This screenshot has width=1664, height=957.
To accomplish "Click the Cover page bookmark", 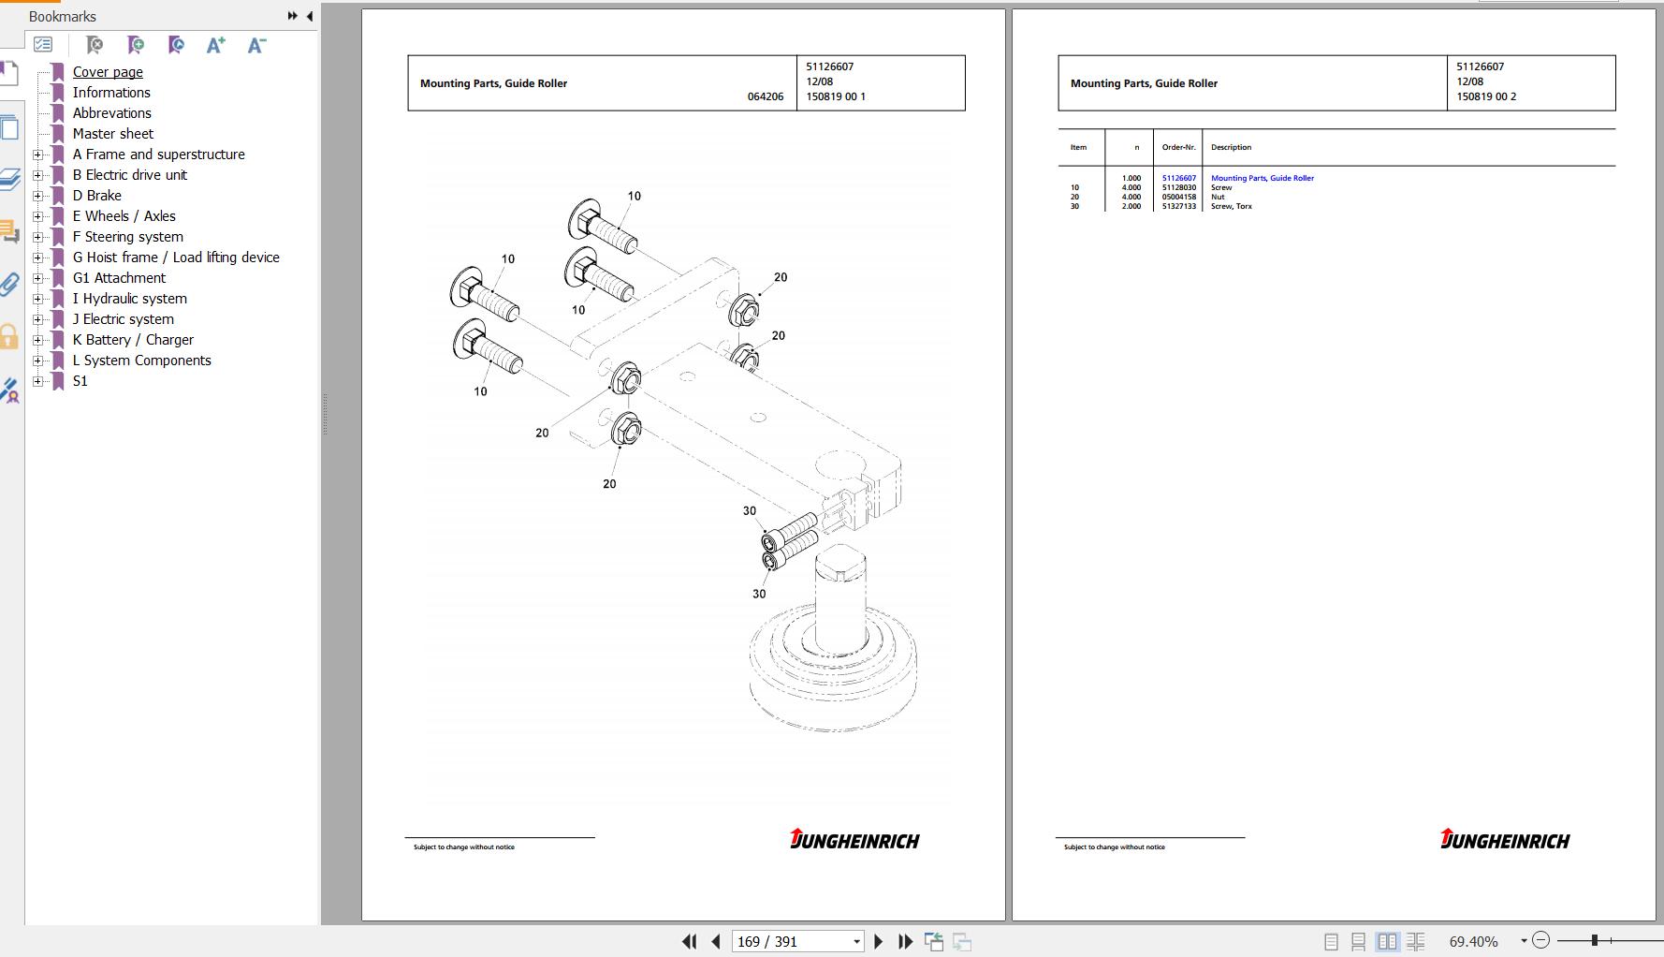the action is tap(108, 72).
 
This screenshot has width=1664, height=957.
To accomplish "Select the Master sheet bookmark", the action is tap(112, 134).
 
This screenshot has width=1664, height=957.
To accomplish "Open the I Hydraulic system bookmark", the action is tap(129, 299).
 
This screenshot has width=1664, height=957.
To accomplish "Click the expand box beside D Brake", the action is tap(38, 196).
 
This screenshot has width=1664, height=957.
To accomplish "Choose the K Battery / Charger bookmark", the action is tap(133, 340).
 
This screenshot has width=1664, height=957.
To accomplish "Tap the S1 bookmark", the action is tap(80, 381).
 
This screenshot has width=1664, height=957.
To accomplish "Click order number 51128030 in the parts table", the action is tap(1179, 187).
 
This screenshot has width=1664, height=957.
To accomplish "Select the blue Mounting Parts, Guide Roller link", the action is tap(1263, 178).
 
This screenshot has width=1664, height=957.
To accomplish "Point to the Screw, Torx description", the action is tap(1232, 206).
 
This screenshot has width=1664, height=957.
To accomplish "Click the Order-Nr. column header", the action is tap(1179, 147).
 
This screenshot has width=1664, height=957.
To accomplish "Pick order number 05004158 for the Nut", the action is tap(1179, 197).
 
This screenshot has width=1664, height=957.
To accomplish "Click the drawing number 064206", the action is tap(766, 96).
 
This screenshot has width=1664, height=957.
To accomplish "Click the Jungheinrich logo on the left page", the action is tap(854, 839).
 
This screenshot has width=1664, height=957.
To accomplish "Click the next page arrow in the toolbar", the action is tap(878, 942).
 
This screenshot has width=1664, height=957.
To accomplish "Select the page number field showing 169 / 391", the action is tap(796, 942).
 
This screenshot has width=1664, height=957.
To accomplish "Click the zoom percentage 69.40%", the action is tap(1473, 941).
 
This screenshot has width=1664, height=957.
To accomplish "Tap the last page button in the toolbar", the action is tap(905, 942).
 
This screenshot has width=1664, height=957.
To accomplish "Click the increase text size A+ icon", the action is tap(216, 45).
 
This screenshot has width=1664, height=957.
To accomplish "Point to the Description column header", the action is tap(1231, 147).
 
